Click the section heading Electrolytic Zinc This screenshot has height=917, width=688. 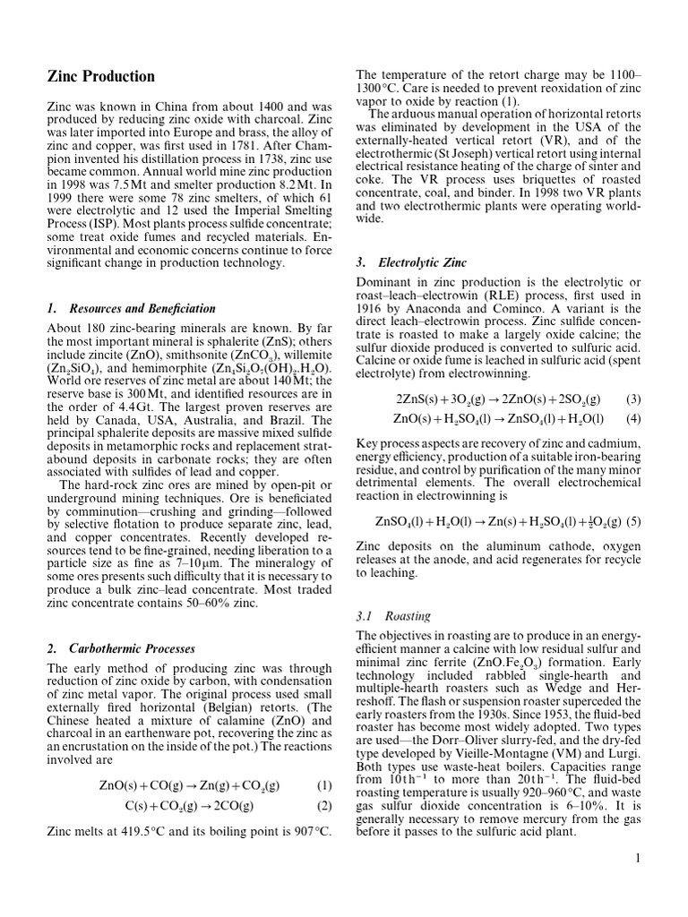(x=411, y=263)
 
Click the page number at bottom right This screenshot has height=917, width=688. (x=638, y=860)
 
